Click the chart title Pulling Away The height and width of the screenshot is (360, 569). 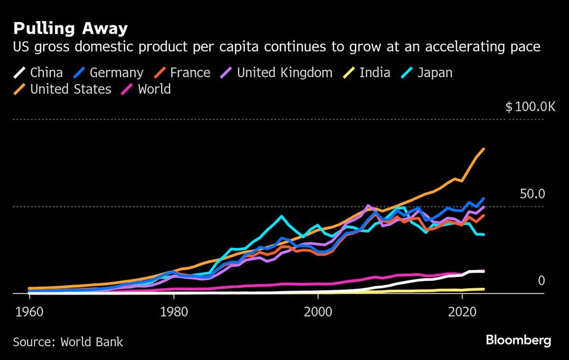[71, 28]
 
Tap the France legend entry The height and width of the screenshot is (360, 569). [190, 73]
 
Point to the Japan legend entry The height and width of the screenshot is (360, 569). [435, 73]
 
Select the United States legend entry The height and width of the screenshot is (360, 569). [71, 89]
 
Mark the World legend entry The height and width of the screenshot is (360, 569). [154, 89]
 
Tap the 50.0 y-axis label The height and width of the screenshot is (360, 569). [533, 194]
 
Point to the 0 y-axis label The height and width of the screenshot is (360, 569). [541, 281]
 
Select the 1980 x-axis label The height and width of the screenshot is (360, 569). [174, 312]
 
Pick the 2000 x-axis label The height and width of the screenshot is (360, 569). [318, 312]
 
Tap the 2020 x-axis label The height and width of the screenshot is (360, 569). [463, 312]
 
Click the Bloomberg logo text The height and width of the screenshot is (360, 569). [518, 341]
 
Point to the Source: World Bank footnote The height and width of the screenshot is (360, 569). [68, 342]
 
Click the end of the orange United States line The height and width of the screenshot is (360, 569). [484, 149]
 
